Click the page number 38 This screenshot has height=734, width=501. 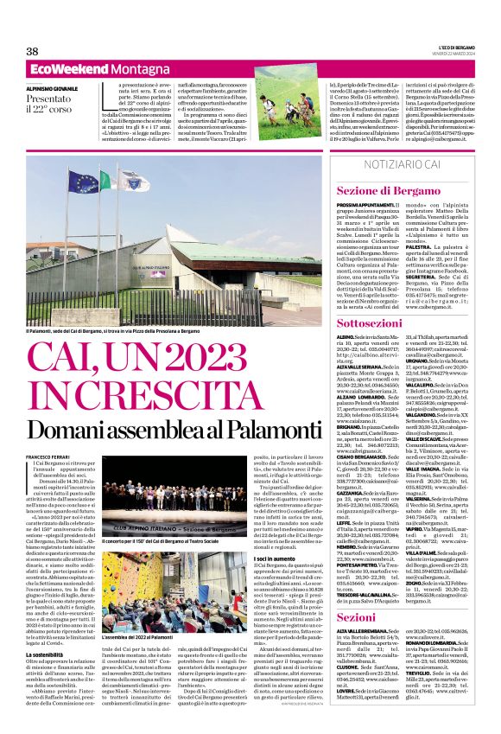point(32,52)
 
